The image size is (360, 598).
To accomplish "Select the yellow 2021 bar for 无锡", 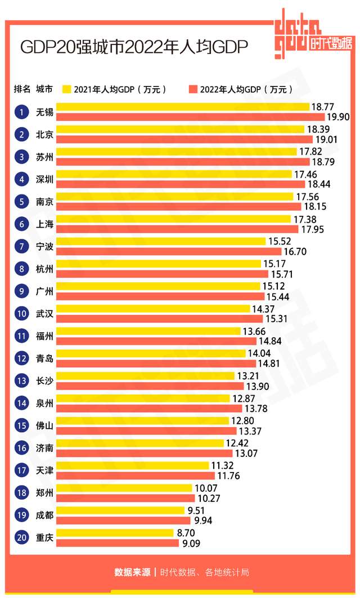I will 183,107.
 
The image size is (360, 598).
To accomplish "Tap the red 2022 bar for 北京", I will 184,139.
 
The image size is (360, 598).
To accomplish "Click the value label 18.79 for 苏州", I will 323,162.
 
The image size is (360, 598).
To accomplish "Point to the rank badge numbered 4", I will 21,179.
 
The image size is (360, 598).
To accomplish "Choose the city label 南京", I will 44,202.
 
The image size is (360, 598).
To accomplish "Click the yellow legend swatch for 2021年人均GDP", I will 66,89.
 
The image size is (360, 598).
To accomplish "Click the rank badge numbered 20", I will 21,538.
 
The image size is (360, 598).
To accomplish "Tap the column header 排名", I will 22,89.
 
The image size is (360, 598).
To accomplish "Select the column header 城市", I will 44,89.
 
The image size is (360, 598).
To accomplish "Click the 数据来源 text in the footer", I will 132,573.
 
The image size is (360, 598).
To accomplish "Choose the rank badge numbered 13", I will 21,381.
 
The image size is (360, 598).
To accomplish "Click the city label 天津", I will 44,470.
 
